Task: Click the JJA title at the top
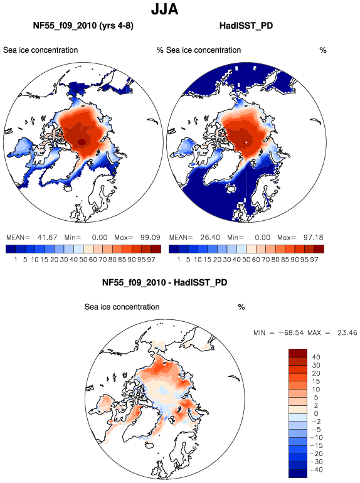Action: [164, 9]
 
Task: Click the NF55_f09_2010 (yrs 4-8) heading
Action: [83, 26]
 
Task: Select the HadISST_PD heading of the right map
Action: [246, 26]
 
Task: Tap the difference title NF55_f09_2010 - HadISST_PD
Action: [164, 282]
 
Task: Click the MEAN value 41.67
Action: [47, 238]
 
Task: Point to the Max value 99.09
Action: [151, 238]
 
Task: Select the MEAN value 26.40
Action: [210, 238]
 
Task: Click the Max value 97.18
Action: [313, 238]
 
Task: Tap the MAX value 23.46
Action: [347, 332]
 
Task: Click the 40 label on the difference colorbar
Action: [316, 358]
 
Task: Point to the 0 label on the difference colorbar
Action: [316, 414]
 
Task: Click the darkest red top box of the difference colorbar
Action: [298, 353]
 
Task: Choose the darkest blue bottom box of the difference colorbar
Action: [298, 474]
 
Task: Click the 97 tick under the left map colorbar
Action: [151, 260]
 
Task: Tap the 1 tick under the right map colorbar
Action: [178, 260]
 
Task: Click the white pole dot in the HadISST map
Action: [246, 142]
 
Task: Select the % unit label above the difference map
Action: [241, 307]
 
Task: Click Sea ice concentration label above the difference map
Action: [122, 307]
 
